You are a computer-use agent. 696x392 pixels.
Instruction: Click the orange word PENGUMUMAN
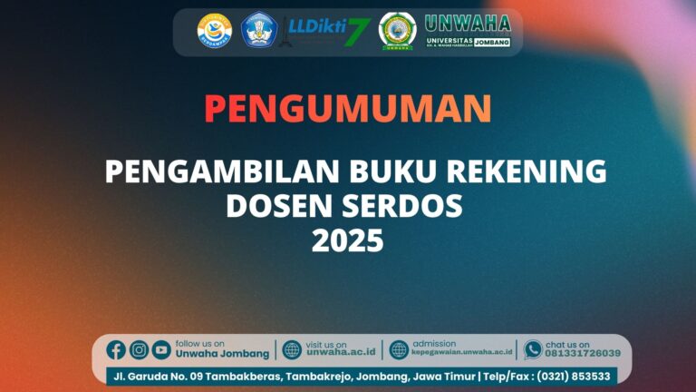[x=347, y=109]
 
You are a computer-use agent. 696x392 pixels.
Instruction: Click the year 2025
[x=348, y=241]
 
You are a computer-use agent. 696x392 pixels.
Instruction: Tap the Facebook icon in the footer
[x=116, y=349]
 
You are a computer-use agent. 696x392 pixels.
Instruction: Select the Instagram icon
[x=139, y=349]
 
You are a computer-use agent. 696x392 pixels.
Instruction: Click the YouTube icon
[x=161, y=349]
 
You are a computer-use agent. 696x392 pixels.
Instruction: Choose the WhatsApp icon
[x=533, y=349]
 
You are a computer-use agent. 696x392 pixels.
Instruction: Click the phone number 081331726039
[x=582, y=354]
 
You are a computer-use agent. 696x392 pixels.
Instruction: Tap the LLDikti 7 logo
[x=328, y=31]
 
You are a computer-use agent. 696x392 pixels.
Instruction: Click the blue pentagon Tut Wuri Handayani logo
[x=258, y=31]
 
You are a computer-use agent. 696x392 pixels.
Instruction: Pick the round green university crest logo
[x=395, y=31]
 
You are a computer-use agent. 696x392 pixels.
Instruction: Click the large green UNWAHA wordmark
[x=468, y=24]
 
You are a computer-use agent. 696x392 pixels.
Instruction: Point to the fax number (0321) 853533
[x=575, y=376]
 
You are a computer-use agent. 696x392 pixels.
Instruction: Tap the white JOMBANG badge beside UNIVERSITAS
[x=490, y=43]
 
